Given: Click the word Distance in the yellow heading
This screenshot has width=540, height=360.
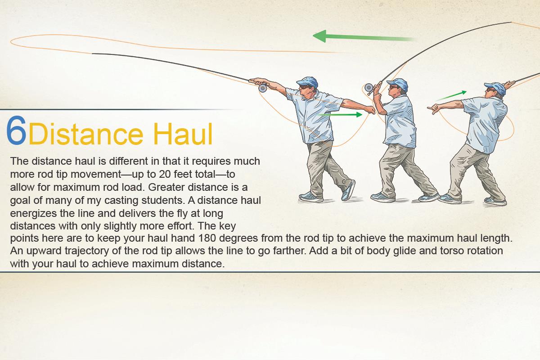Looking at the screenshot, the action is (86, 134).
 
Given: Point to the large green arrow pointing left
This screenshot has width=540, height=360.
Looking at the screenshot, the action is (364, 37).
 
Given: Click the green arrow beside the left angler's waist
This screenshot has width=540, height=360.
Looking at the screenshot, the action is (340, 115).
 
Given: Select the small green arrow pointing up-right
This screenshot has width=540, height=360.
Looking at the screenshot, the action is (451, 96).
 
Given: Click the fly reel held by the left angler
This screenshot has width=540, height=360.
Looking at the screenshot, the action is (263, 88).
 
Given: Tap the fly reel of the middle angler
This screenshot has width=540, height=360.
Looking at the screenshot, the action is (369, 87).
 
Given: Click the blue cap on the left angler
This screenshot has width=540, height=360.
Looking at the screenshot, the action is (308, 81).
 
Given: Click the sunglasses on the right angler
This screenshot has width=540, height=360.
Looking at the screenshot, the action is (490, 90).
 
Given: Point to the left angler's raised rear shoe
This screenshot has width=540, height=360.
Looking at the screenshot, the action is (349, 190).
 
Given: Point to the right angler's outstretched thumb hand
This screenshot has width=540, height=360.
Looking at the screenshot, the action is (433, 108).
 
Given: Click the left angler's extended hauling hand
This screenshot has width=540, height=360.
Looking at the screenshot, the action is (370, 110).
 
